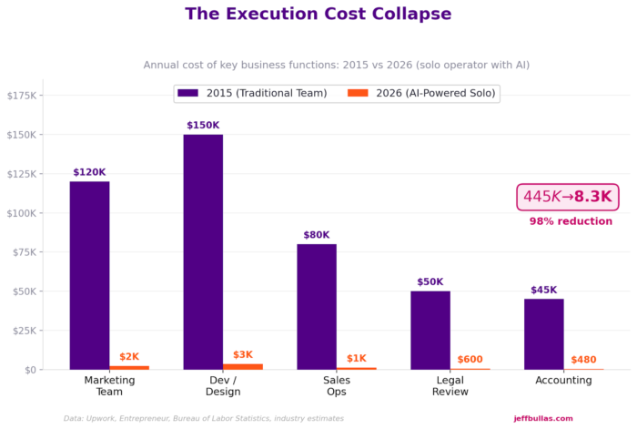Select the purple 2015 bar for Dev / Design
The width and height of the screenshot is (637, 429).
click(x=203, y=251)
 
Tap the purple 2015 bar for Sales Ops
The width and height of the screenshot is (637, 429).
click(x=317, y=306)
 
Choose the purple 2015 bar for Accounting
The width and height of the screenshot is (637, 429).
click(x=543, y=333)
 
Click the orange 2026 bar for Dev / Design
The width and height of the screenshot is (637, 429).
click(x=243, y=366)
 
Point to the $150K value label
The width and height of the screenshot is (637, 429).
click(x=203, y=126)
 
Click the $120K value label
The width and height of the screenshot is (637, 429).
click(x=89, y=172)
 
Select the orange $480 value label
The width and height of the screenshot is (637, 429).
click(x=583, y=360)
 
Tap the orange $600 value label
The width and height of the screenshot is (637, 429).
click(x=470, y=360)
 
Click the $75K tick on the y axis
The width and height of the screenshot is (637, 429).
click(x=22, y=252)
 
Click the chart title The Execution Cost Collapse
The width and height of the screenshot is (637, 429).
click(x=318, y=15)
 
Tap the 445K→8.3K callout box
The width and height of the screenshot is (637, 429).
click(x=568, y=197)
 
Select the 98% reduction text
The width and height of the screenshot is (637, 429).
click(x=571, y=221)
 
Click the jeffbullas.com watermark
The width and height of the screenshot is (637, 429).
click(x=543, y=418)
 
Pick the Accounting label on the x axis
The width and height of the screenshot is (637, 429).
click(x=563, y=380)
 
